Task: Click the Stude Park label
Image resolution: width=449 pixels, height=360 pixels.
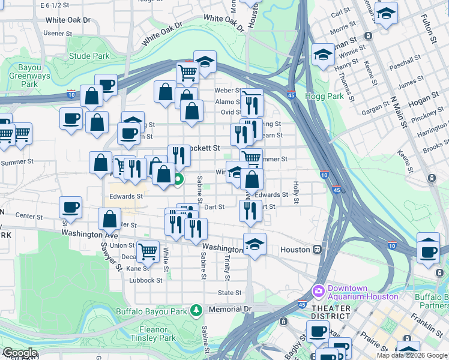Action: [89, 56]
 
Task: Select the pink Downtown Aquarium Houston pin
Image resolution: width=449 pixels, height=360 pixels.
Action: [318, 291]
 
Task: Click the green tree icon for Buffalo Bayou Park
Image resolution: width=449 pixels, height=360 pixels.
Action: [195, 310]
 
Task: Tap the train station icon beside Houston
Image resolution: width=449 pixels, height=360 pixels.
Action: [317, 249]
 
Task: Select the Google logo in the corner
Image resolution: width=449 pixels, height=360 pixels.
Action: [19, 353]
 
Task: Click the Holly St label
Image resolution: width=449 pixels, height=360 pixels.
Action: [295, 192]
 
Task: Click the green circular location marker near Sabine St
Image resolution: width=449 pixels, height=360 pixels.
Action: [179, 178]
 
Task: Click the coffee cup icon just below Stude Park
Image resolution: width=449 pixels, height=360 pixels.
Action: [106, 85]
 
